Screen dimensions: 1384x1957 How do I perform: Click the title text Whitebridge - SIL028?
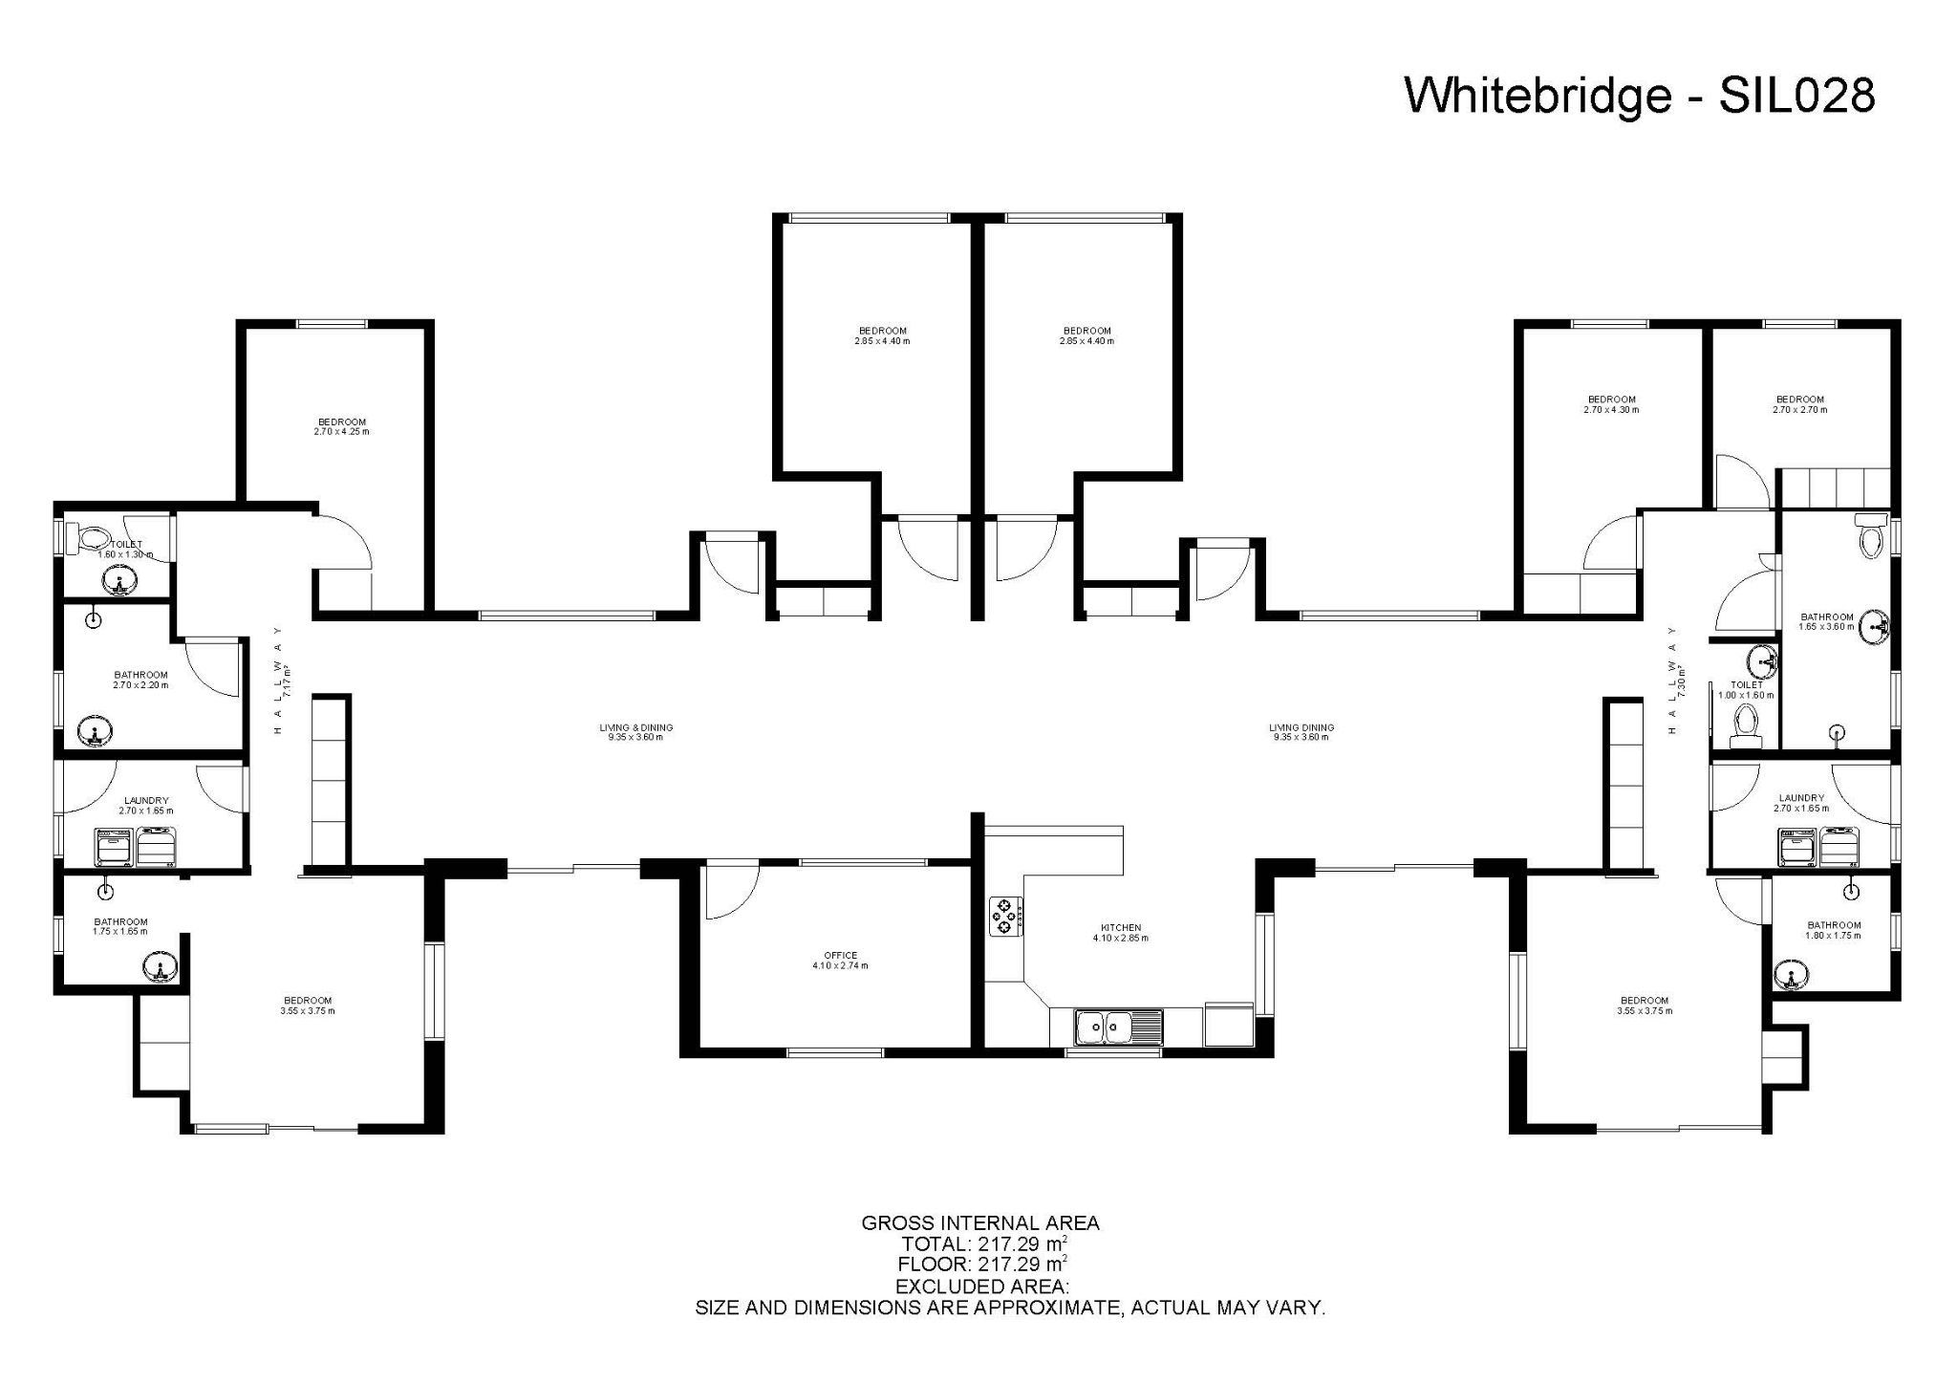(1640, 97)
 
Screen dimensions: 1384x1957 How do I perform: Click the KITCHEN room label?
(1121, 933)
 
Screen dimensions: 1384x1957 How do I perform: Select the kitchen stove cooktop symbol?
(1005, 916)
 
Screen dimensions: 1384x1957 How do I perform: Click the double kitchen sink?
(1103, 1028)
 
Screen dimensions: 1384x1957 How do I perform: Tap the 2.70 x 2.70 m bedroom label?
(1799, 404)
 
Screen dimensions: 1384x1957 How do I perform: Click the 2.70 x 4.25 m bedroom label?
(341, 426)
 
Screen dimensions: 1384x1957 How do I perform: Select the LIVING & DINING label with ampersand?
(635, 732)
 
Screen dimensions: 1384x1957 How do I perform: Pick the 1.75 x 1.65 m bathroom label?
(120, 926)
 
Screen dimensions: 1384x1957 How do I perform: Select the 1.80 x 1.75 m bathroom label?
(1834, 930)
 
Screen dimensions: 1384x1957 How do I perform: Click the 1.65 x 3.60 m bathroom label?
(1827, 622)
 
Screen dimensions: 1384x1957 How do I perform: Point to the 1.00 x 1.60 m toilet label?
(1746, 690)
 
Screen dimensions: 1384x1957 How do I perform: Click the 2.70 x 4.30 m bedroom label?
(1611, 404)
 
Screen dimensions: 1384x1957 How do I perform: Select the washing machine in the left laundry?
(115, 848)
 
